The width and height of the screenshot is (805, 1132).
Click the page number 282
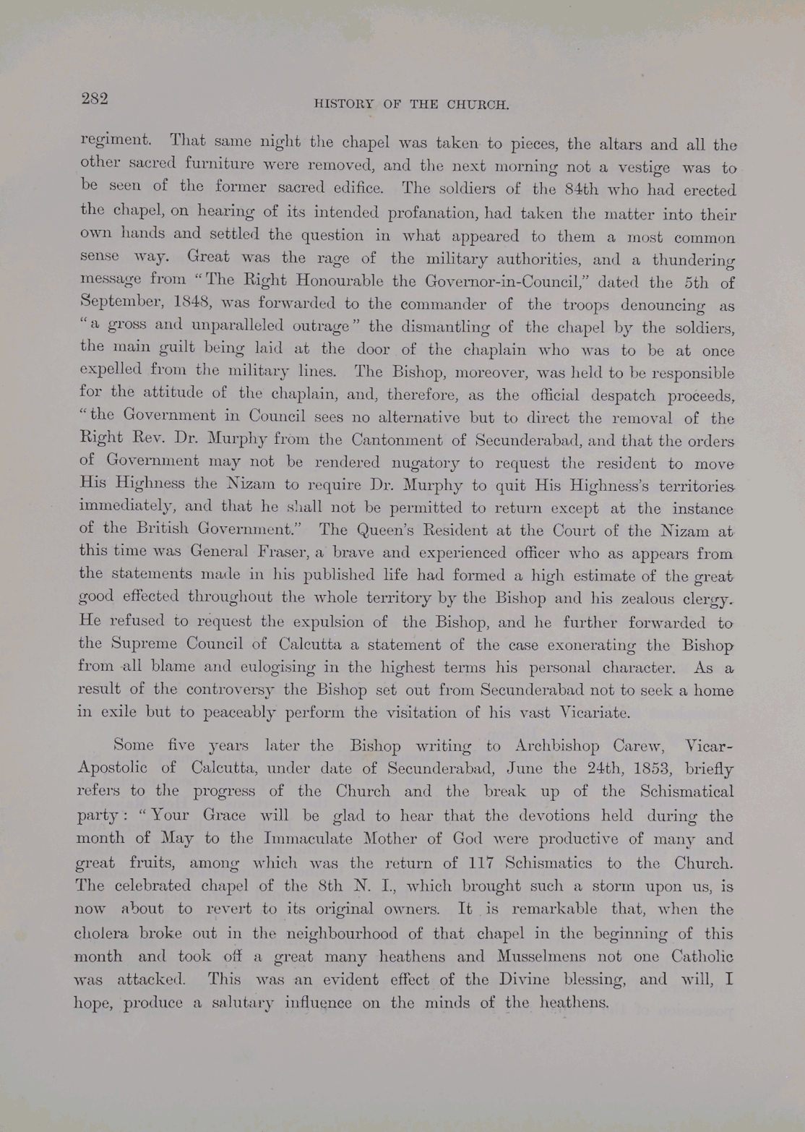click(x=95, y=98)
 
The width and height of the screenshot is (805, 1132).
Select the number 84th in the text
click(x=585, y=190)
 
